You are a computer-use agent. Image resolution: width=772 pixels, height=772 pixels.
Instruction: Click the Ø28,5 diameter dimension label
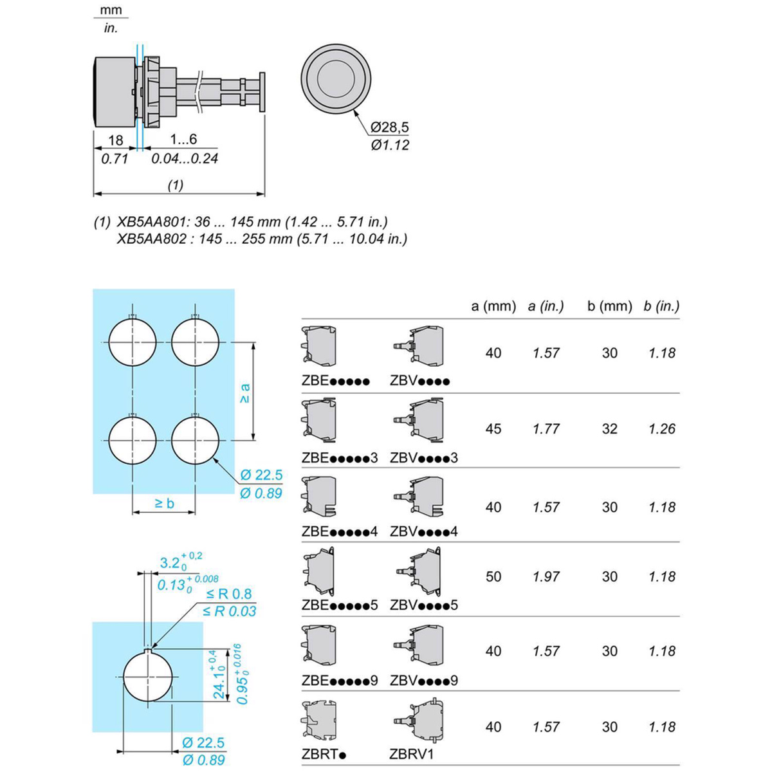click(390, 127)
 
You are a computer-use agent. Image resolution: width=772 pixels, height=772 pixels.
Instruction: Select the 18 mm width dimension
click(115, 140)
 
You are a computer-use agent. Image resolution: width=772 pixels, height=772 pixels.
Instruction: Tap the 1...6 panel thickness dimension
click(183, 140)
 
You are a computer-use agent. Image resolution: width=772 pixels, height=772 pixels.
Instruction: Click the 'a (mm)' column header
click(493, 306)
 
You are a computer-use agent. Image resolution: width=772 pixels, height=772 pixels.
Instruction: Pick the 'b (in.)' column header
click(661, 306)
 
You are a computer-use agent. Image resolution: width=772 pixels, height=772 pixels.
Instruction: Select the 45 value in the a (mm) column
click(493, 429)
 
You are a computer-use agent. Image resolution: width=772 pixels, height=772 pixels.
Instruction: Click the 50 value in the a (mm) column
click(493, 577)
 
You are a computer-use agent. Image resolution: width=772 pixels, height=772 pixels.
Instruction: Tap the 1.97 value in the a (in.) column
click(546, 577)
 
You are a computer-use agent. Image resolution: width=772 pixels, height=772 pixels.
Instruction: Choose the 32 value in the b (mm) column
click(609, 429)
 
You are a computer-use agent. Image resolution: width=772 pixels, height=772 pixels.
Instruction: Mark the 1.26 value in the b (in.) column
click(662, 429)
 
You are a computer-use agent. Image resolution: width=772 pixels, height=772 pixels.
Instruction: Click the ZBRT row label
click(324, 754)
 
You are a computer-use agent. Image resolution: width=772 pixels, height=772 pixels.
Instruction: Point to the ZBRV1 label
click(412, 754)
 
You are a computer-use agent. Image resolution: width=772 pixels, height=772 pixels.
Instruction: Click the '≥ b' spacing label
click(164, 503)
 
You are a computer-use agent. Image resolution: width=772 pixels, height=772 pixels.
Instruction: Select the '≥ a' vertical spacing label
click(244, 392)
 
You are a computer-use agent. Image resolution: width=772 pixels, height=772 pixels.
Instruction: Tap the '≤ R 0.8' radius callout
click(229, 594)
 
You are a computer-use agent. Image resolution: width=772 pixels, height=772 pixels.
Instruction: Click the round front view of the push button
click(336, 77)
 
